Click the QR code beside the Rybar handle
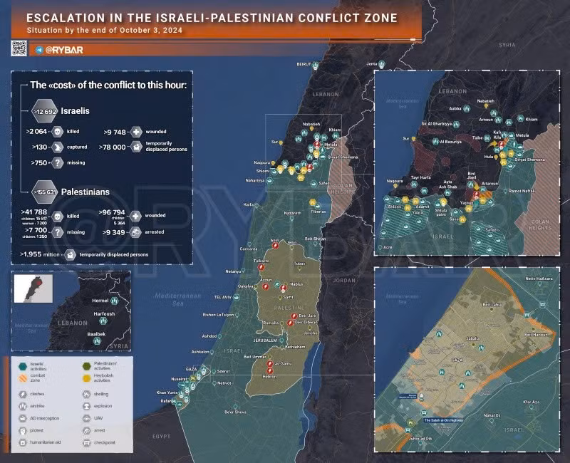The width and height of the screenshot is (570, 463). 19,48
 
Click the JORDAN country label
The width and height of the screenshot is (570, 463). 343,280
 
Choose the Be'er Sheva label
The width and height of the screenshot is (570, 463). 235,412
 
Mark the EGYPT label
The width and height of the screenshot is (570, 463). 162,435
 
